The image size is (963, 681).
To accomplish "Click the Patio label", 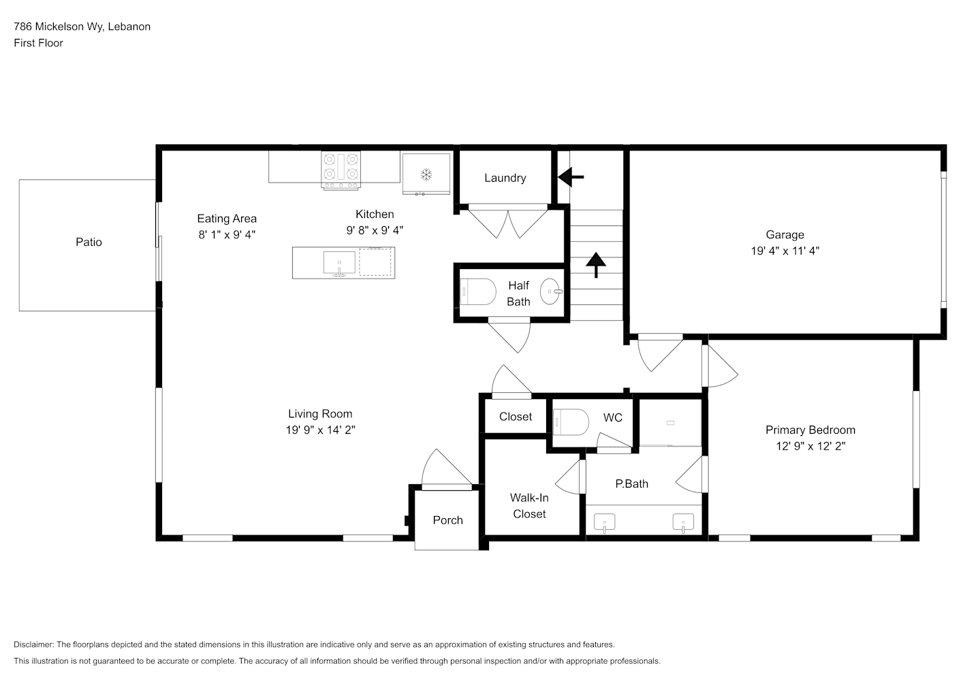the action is [89, 242].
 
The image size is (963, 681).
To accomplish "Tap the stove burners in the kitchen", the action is [341, 170].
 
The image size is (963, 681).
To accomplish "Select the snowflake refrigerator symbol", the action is [426, 174].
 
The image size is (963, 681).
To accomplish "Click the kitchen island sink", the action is [339, 263].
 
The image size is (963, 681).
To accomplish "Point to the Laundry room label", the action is [505, 178].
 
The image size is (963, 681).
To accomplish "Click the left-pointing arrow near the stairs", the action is [571, 176].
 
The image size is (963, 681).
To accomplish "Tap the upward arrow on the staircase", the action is [596, 265].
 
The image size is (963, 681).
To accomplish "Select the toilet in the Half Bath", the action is [478, 291].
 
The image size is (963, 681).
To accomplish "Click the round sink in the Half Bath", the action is [551, 291].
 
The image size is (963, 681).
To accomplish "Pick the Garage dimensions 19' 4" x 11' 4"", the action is [785, 251].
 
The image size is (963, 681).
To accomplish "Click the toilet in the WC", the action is [571, 422].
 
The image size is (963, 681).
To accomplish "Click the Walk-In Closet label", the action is [529, 505].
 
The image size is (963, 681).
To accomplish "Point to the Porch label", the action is [447, 520].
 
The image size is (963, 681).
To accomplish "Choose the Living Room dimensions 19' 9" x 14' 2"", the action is [320, 430].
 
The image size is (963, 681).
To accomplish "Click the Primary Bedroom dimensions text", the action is [810, 446].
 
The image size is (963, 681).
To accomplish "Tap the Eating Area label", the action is [227, 219].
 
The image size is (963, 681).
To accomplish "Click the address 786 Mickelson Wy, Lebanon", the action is [82, 27].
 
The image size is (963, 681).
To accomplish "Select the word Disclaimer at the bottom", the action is [34, 644].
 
